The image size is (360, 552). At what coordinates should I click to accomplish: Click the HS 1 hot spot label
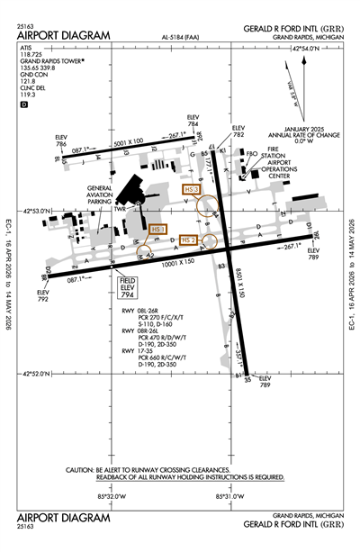[x=158, y=230]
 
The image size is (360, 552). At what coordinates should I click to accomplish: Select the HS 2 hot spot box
[x=188, y=240]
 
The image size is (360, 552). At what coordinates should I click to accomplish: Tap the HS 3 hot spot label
[x=190, y=190]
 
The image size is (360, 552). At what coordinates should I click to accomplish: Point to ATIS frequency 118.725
[x=31, y=55]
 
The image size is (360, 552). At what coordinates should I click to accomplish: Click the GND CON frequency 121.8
[x=27, y=79]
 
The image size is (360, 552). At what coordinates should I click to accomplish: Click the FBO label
[x=253, y=155]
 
